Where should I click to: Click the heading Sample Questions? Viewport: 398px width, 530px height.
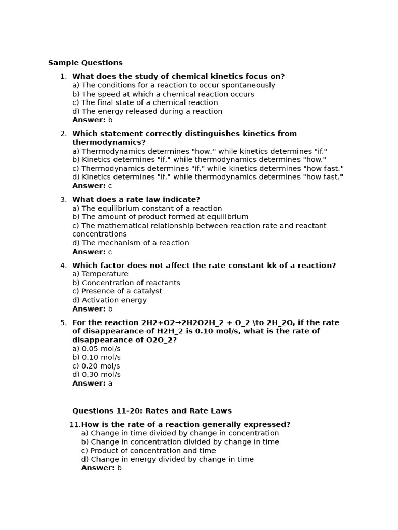[86, 63]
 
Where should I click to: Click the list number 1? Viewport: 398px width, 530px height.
[63, 77]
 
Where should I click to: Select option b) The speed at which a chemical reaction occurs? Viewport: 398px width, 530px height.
[163, 94]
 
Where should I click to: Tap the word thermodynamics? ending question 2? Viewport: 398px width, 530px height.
[108, 142]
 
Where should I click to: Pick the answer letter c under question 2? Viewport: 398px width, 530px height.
[110, 186]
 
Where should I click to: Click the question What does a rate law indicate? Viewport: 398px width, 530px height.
[136, 200]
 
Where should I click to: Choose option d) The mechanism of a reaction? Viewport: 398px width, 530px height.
[130, 243]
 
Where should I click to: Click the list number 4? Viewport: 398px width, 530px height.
[63, 266]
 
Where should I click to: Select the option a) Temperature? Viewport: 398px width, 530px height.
[100, 274]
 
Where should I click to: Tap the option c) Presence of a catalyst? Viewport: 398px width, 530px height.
[117, 291]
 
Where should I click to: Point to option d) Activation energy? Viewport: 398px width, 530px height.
[109, 300]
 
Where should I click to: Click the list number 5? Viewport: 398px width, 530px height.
[63, 323]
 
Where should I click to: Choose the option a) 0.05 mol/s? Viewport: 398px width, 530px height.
[96, 349]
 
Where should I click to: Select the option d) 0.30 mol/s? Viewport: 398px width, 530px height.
[96, 375]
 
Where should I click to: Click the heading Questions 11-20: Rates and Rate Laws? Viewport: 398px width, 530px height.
[151, 411]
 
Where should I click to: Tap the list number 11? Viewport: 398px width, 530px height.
[75, 425]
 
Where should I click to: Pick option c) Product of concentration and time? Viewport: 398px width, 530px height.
[148, 451]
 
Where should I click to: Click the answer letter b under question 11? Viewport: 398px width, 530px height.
[119, 468]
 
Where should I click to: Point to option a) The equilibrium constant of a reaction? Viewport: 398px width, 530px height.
[147, 209]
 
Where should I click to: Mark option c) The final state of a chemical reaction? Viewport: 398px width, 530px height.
[145, 102]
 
